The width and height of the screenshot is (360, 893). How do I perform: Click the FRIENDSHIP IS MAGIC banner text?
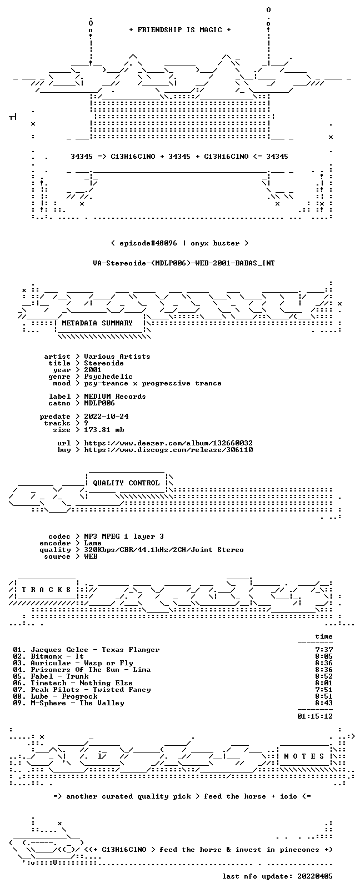click(x=180, y=30)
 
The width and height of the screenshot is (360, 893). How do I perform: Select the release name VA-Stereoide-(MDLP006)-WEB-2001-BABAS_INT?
click(x=184, y=263)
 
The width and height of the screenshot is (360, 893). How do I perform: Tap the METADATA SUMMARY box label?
click(x=97, y=323)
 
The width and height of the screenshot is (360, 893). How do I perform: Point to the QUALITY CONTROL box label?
click(x=126, y=483)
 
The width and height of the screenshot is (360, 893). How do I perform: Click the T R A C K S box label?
click(x=46, y=590)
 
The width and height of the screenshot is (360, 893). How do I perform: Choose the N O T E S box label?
click(x=304, y=756)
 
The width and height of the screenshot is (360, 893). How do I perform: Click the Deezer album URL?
click(x=168, y=443)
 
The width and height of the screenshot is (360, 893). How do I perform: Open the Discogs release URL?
click(x=168, y=450)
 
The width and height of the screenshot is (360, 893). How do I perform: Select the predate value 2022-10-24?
click(x=106, y=417)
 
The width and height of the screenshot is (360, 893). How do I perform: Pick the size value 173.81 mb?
click(x=104, y=430)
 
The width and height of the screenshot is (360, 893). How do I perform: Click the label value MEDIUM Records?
click(x=115, y=397)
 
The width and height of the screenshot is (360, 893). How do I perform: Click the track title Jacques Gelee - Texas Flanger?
click(x=96, y=650)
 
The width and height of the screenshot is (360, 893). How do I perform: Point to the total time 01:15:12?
click(x=315, y=716)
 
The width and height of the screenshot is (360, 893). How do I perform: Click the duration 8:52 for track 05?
click(x=324, y=676)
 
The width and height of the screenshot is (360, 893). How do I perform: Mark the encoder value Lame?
click(x=92, y=543)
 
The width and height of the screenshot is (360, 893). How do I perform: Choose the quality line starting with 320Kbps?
click(x=163, y=550)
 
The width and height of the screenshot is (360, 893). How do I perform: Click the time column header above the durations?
click(x=324, y=636)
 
